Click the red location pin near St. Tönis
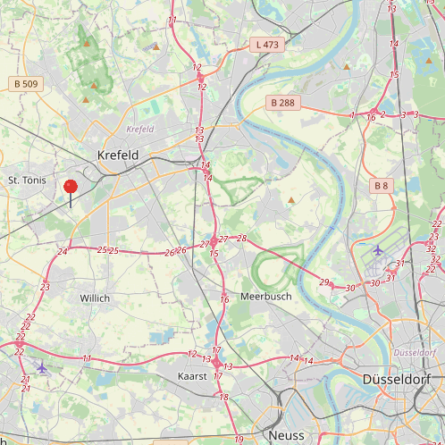tap(71, 187)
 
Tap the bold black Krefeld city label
tap(118, 155)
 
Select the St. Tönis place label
tap(27, 180)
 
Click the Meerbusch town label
tap(265, 296)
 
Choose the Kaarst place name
tap(192, 376)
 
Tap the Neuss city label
tap(288, 435)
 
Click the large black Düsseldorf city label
tap(399, 380)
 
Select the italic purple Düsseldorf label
tap(414, 352)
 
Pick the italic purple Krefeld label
tap(140, 129)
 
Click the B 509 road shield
tap(26, 83)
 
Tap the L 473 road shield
tap(266, 44)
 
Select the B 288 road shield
tap(282, 103)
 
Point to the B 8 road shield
tap(382, 185)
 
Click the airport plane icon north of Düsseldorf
tap(378, 249)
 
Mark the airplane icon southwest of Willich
tap(42, 367)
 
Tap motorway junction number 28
tap(241, 238)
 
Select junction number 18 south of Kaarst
tap(223, 397)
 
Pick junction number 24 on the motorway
tap(62, 252)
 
